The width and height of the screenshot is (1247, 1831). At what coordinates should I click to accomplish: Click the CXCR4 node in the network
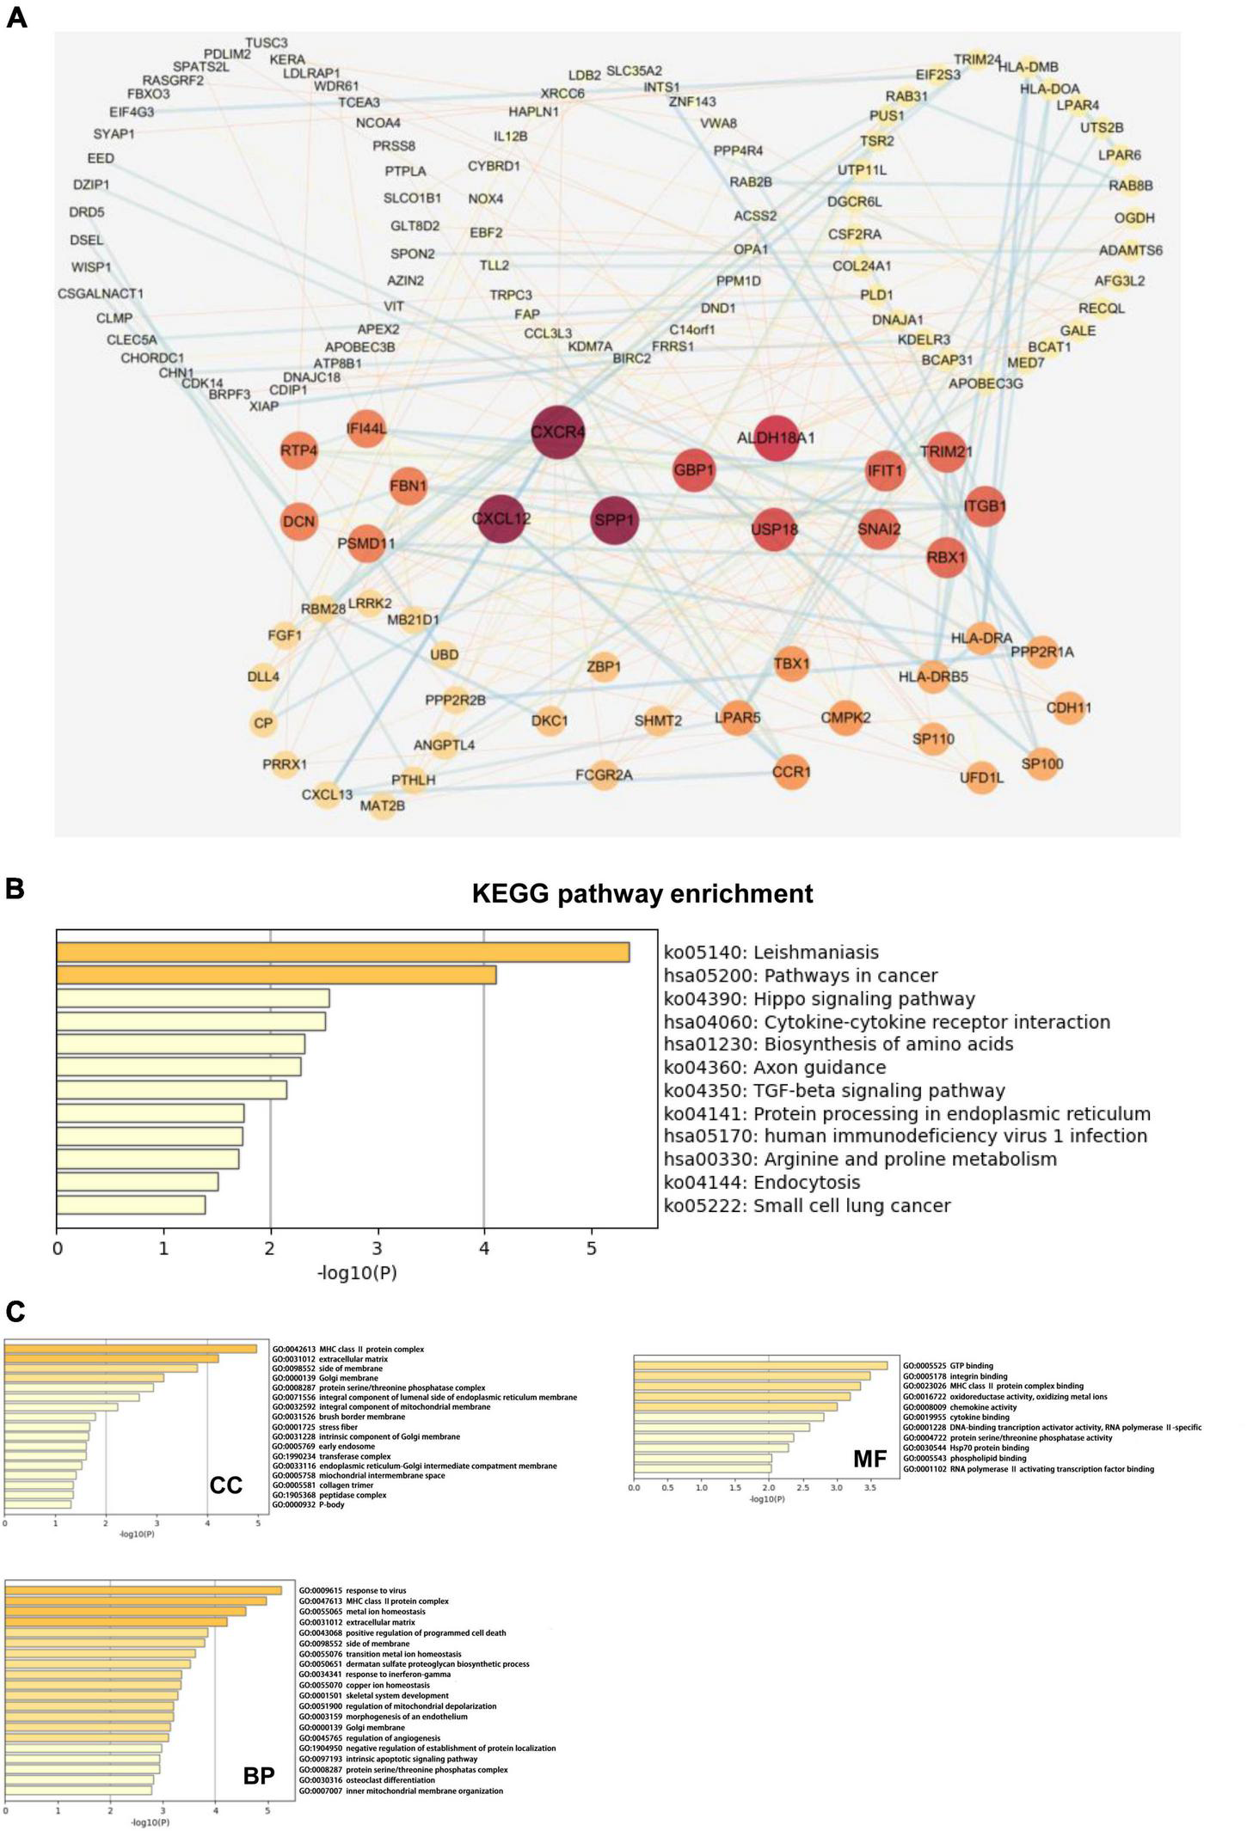(x=557, y=432)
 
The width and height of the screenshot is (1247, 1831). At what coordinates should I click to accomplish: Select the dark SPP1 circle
(x=614, y=520)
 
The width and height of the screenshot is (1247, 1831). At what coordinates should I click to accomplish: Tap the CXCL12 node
(x=501, y=519)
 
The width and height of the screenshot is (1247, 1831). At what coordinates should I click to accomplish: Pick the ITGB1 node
(x=985, y=506)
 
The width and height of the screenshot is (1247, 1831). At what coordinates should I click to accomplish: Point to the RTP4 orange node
(x=299, y=450)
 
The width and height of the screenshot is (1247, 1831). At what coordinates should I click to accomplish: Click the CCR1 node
(x=791, y=772)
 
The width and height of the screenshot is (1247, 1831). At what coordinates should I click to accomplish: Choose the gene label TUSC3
(x=267, y=43)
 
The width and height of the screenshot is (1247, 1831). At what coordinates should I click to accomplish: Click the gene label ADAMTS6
(x=1130, y=250)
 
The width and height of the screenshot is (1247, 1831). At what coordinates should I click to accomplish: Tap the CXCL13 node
(x=327, y=794)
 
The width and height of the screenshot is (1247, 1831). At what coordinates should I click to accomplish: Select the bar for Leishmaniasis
(x=343, y=952)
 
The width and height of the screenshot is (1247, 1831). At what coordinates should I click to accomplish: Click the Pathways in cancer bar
(x=276, y=976)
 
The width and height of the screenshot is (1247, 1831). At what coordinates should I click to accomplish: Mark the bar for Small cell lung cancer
(x=131, y=1205)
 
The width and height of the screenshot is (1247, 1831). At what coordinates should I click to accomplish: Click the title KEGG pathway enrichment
(x=642, y=894)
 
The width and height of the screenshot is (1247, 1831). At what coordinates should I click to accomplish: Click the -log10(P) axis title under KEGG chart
(x=357, y=1272)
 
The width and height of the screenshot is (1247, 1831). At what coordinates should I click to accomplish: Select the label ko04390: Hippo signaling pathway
(x=819, y=999)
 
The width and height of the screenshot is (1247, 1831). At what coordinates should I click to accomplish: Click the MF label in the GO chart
(x=869, y=1457)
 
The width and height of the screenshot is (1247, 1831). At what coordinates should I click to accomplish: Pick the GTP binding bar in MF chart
(x=760, y=1365)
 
